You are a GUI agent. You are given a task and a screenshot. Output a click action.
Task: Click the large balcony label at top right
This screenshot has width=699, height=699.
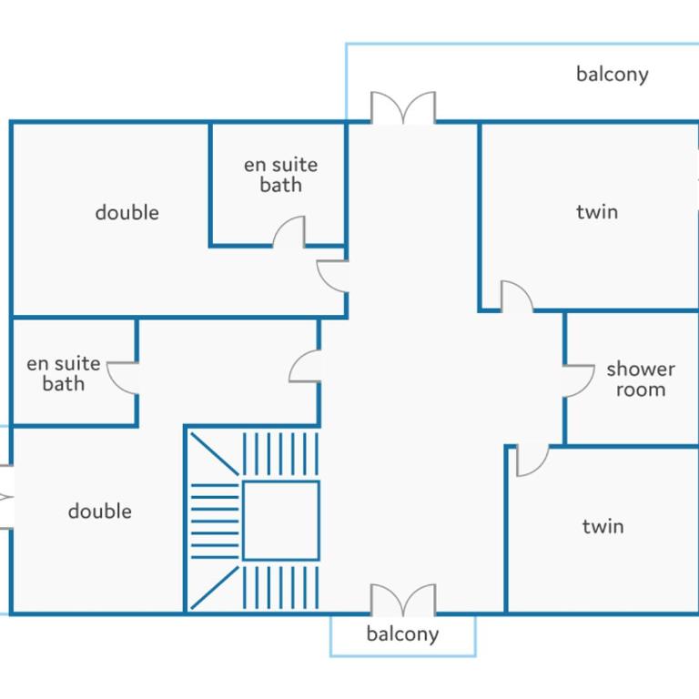612,75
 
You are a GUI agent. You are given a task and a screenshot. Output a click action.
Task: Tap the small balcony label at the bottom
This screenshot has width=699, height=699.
402,633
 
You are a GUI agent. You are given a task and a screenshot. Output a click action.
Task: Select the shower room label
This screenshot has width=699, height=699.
641,380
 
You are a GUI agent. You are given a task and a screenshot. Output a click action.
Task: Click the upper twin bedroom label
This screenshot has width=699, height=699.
597,212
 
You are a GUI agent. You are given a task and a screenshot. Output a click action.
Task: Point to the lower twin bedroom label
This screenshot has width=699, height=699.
603,526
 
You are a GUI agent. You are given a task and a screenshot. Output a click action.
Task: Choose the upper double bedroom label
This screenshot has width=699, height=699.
127,212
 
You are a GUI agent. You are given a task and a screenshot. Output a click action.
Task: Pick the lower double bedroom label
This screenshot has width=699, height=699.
100,511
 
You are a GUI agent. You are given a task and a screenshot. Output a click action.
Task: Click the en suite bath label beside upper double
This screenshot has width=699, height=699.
281,175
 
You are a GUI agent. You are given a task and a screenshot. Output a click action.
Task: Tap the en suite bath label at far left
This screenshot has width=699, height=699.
64,373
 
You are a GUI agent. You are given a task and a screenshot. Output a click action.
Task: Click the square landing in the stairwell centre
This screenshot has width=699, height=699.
281,521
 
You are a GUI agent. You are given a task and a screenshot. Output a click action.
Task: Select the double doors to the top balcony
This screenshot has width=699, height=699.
403,107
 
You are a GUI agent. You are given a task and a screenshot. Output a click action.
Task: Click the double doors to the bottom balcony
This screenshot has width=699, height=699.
403,600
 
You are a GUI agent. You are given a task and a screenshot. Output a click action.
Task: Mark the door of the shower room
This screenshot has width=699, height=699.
579,380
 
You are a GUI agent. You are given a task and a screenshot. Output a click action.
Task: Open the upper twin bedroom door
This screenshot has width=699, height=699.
517,296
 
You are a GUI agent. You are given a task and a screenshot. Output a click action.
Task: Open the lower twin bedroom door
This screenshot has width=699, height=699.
532,461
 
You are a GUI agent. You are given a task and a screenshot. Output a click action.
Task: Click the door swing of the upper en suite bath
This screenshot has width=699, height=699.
289,231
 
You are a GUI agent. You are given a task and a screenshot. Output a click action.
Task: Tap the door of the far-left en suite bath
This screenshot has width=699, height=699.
123,378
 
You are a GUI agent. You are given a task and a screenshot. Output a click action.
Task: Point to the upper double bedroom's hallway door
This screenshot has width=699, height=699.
332,277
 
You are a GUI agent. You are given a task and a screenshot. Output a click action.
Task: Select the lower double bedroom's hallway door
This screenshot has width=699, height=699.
305,366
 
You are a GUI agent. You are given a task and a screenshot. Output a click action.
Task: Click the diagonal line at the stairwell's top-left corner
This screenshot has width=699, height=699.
215,454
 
